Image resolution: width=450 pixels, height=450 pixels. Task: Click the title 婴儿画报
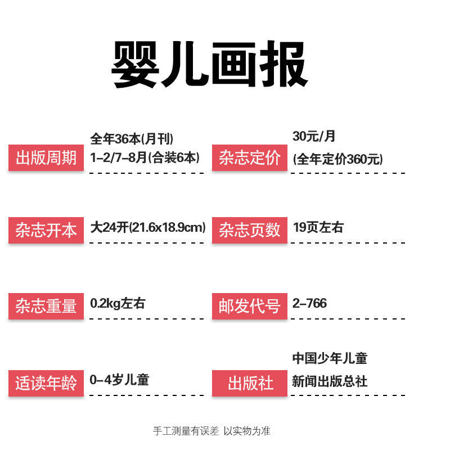point(209,64)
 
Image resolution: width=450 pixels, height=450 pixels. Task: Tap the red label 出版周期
point(46,158)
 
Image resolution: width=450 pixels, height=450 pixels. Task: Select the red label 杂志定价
point(249,158)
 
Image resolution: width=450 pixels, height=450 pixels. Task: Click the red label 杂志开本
point(46,231)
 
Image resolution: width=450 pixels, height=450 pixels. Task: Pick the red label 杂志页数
point(249,231)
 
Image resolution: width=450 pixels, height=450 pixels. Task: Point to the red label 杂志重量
point(46,307)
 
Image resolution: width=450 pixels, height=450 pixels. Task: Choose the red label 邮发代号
point(249,307)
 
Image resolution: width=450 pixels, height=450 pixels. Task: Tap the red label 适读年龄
point(46,384)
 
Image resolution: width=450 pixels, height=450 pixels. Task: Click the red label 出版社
point(249,384)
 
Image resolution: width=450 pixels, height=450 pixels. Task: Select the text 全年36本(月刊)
point(132,138)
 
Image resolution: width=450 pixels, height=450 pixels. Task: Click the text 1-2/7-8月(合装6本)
point(145,157)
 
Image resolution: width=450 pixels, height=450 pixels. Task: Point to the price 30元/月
point(314,136)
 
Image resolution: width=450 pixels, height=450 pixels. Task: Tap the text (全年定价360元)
point(337,159)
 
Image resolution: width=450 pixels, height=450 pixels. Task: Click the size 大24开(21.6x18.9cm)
point(148,228)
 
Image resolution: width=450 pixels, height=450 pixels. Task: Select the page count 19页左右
point(318,228)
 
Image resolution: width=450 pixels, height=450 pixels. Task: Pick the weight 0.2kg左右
point(118,304)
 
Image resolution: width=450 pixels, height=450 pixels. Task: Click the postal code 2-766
point(309,304)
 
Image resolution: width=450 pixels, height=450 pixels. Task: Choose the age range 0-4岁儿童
point(119,380)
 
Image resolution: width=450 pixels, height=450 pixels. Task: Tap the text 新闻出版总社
point(330,381)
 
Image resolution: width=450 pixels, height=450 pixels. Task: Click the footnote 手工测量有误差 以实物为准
point(212,431)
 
